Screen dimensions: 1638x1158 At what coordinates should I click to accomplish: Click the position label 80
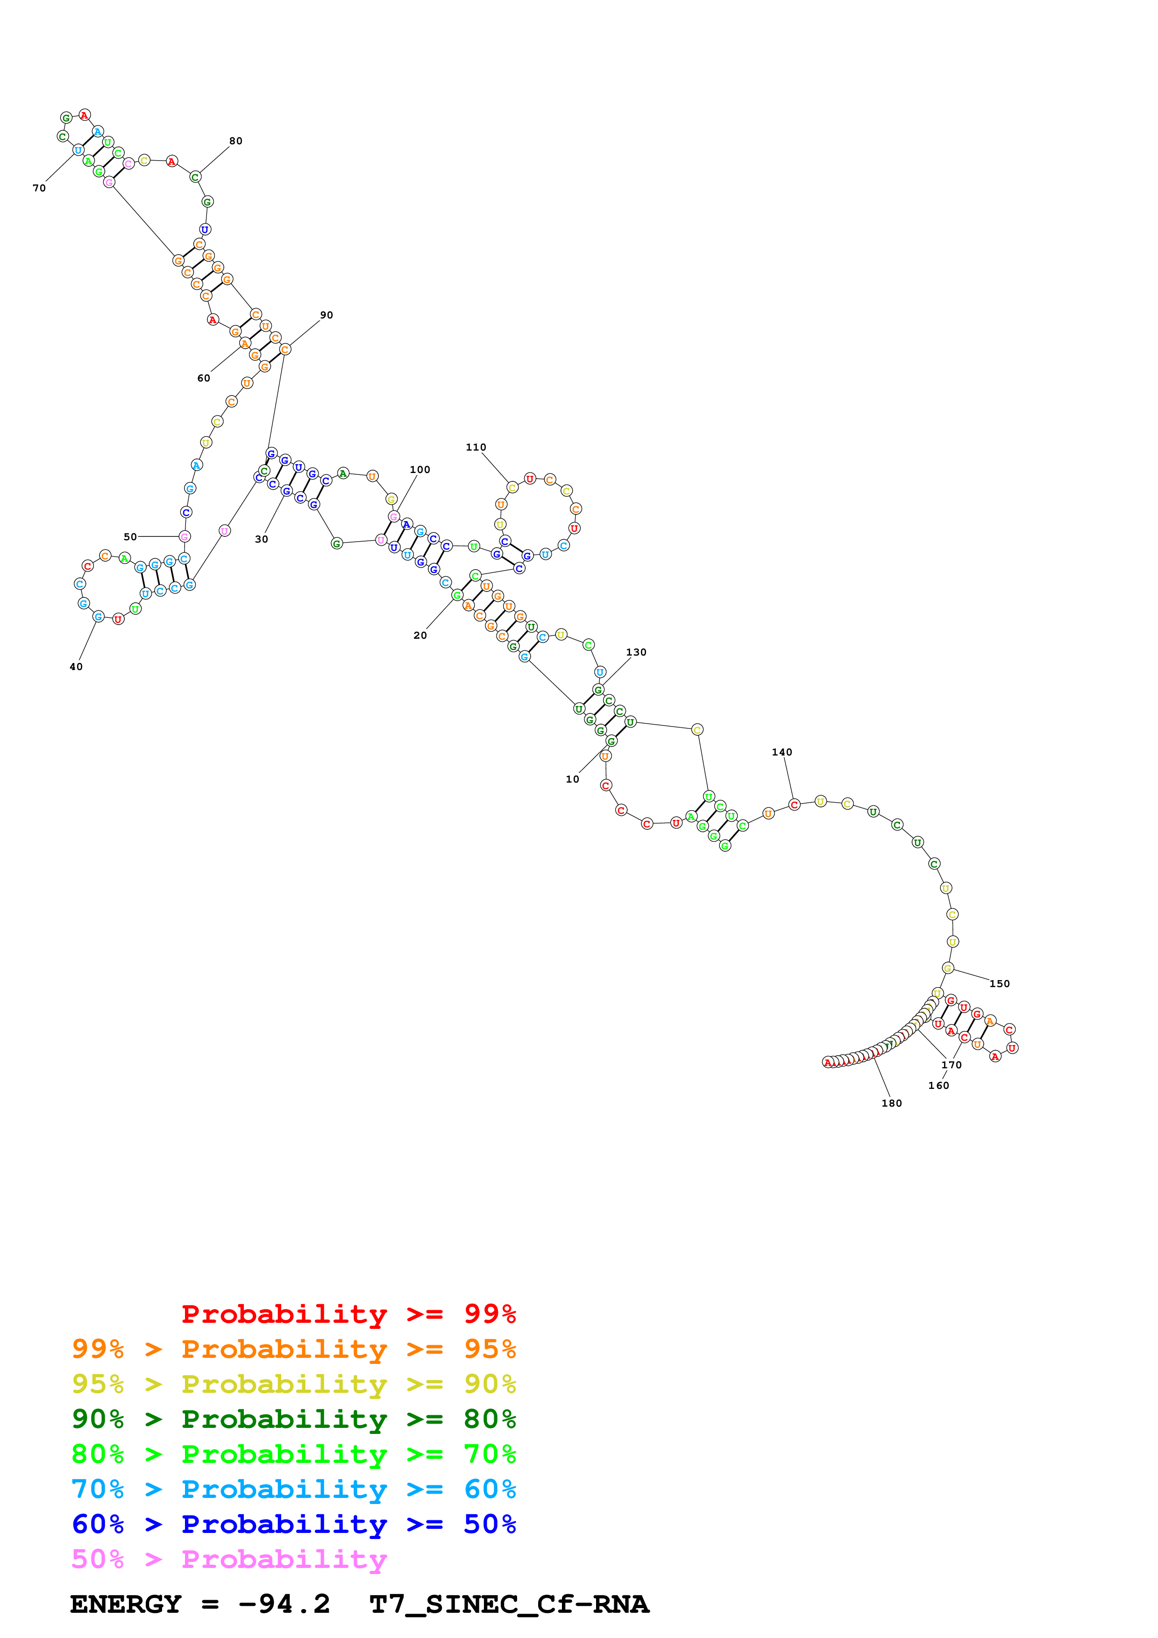[x=235, y=141]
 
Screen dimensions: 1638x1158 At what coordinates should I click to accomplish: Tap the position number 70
[x=39, y=188]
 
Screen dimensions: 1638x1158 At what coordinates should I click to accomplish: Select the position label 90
[x=326, y=315]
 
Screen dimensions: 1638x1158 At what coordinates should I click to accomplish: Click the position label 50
[x=130, y=537]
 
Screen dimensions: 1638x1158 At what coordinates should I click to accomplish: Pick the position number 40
[x=76, y=667]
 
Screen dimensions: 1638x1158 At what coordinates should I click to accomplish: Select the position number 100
[x=419, y=469]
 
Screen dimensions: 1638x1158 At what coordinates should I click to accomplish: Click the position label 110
[x=476, y=447]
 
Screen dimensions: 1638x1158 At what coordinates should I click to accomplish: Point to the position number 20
[x=420, y=635]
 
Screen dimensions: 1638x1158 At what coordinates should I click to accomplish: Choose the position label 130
[x=636, y=652]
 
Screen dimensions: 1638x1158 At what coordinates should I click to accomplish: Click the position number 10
[x=572, y=779]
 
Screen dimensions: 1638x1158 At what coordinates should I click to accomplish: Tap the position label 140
[x=781, y=752]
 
